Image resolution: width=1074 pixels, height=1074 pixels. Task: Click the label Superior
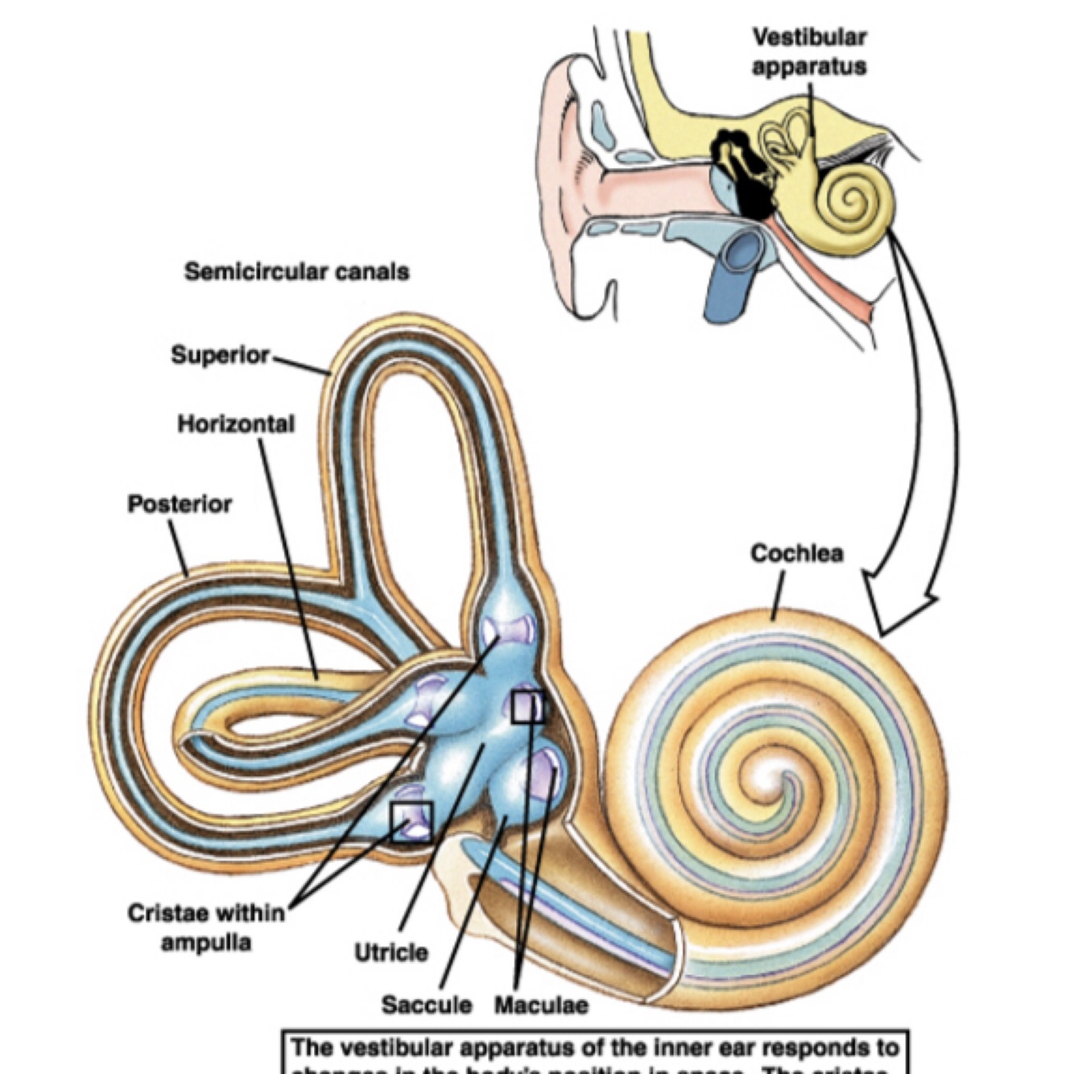[220, 354]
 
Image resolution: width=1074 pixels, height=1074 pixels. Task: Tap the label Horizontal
[236, 423]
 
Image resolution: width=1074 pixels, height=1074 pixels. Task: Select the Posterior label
[180, 504]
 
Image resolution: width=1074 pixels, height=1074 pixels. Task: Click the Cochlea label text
[796, 554]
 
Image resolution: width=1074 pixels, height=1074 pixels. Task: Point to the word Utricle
[391, 952]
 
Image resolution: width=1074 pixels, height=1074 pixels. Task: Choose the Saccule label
[427, 1005]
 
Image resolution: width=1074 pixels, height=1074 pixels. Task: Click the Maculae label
[541, 1005]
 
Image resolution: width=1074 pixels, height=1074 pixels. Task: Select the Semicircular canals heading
[296, 272]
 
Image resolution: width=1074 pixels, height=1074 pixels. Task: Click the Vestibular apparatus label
[809, 52]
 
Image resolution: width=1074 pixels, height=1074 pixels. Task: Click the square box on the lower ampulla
[411, 822]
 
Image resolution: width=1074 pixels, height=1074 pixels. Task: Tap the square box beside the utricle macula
[527, 707]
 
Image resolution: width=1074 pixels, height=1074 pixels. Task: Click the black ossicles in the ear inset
[745, 169]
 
